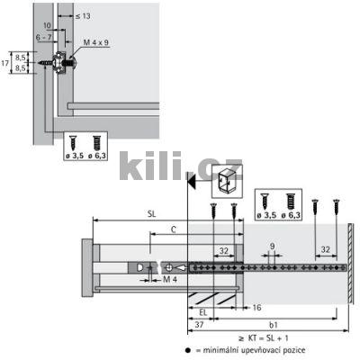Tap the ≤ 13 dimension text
point(82,16)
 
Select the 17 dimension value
point(7,64)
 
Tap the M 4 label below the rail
point(168,279)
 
